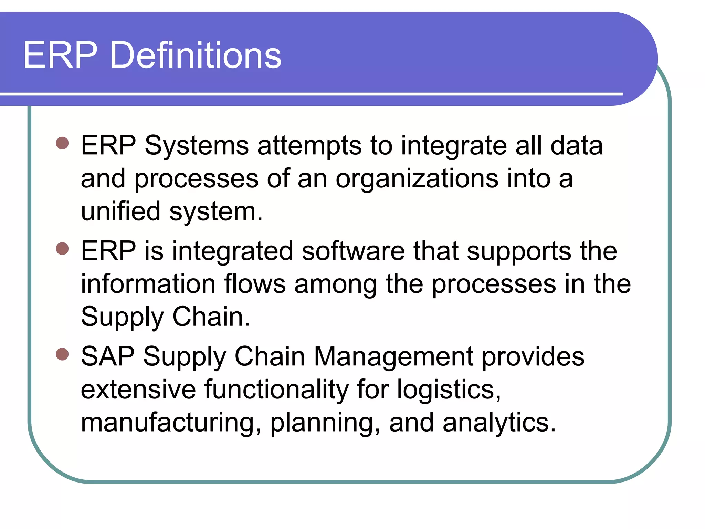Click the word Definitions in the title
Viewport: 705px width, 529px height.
point(195,55)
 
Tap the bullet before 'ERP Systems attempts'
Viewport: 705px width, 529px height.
point(62,143)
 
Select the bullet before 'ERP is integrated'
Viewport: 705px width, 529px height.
point(62,248)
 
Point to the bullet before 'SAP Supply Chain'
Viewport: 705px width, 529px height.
point(62,354)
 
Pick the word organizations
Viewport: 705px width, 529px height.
point(417,179)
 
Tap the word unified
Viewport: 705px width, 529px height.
point(120,211)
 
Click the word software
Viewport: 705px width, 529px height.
point(353,251)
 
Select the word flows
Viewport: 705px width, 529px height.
point(255,284)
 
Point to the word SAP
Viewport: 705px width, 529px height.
point(108,356)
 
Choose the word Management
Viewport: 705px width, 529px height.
point(393,356)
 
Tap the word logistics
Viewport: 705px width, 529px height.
point(449,390)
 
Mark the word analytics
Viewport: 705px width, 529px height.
point(499,423)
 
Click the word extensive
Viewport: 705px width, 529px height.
point(138,390)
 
